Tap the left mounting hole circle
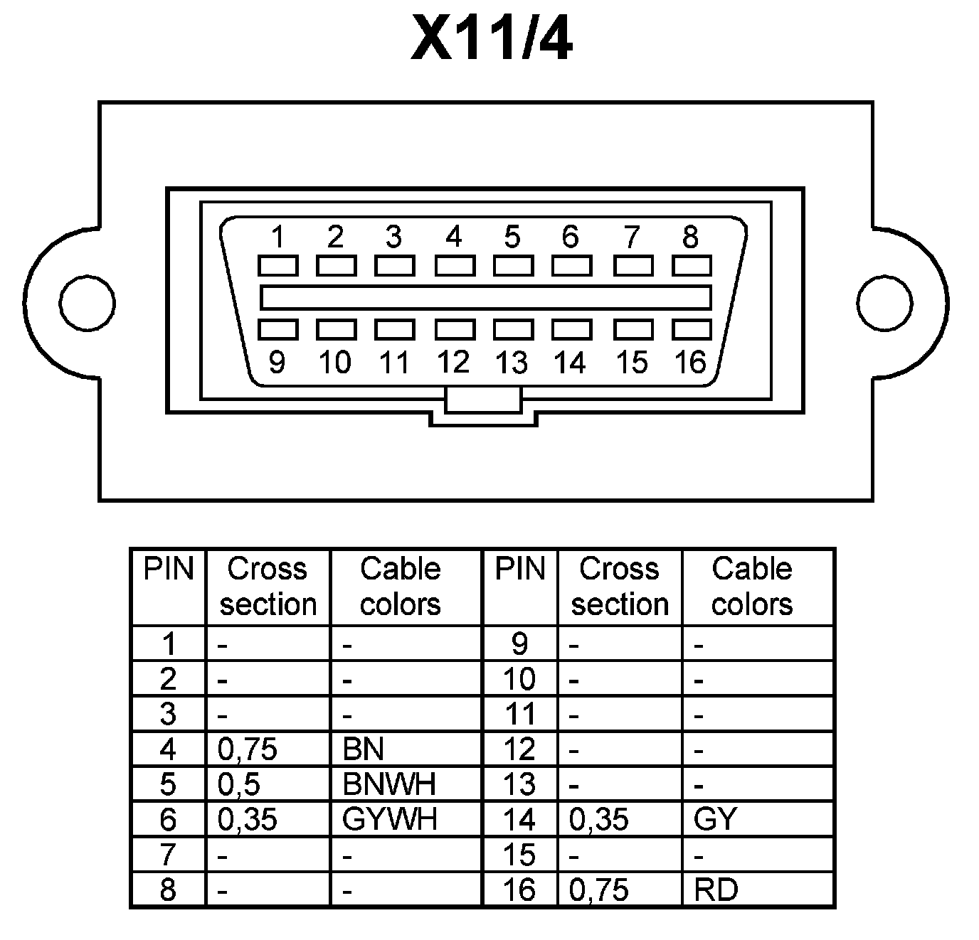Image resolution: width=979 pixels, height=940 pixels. coord(87,302)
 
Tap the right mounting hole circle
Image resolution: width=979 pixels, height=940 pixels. coord(884,302)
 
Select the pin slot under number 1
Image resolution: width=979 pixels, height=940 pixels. coord(277,266)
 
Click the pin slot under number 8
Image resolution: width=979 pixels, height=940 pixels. coord(692,266)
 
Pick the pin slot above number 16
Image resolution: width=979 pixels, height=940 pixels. coord(692,329)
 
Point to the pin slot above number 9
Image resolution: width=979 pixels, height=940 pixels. coord(277,329)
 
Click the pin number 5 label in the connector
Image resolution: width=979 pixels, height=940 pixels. coord(512,237)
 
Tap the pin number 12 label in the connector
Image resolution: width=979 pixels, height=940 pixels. coord(453,363)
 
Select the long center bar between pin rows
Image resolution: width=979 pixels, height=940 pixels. coord(485,297)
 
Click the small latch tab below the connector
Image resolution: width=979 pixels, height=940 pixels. coord(483,400)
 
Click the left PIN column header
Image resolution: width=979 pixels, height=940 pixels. coord(169,569)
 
